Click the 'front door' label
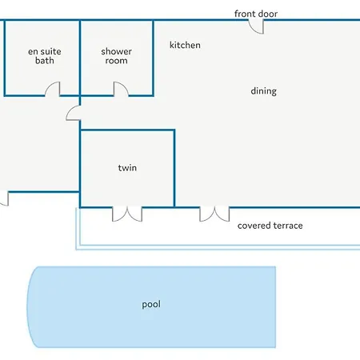click(x=256, y=14)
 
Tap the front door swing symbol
click(x=257, y=27)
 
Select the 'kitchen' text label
click(x=185, y=45)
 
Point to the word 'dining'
click(x=263, y=91)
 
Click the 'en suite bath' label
click(x=45, y=56)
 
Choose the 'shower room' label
click(x=116, y=56)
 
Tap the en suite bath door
click(x=53, y=89)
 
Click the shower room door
click(x=121, y=89)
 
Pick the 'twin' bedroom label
click(x=127, y=168)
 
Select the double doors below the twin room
click(x=127, y=214)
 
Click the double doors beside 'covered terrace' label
click(x=214, y=214)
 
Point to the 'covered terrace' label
click(x=270, y=226)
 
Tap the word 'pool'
click(x=151, y=304)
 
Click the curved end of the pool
click(x=28, y=306)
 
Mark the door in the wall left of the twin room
click(x=73, y=113)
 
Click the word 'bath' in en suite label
click(x=45, y=61)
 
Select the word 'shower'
click(x=116, y=51)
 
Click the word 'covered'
click(x=254, y=226)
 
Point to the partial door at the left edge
click(x=4, y=198)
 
